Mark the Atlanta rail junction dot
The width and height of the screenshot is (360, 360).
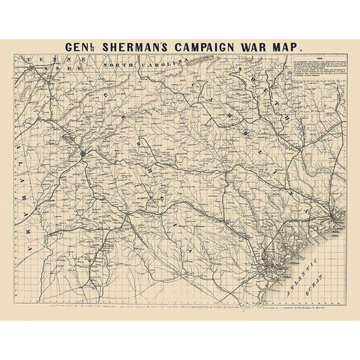pos(82,153)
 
